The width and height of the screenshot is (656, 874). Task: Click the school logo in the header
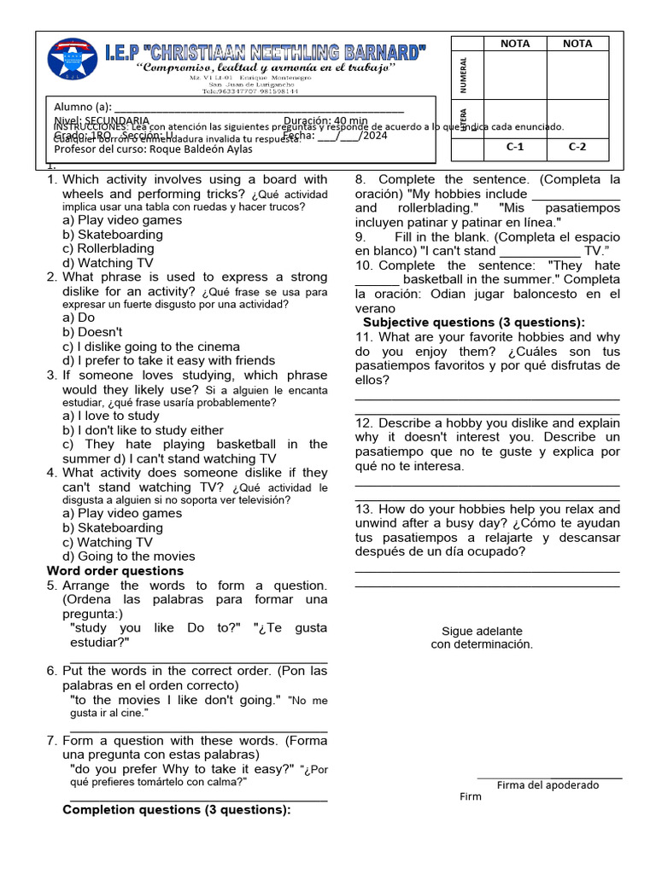tap(72, 62)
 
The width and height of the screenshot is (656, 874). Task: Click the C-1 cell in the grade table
tap(514, 146)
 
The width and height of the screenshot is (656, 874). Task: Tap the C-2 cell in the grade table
tap(577, 146)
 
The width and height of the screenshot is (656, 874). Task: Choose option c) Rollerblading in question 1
tap(108, 249)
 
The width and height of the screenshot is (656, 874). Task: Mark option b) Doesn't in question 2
tap(92, 332)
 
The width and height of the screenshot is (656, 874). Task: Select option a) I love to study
tap(111, 416)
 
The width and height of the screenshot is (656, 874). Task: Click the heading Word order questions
tap(114, 571)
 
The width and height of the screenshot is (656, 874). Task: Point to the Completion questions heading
tap(177, 810)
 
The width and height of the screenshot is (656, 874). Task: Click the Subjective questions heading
tap(474, 323)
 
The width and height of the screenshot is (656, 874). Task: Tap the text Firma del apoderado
tap(548, 785)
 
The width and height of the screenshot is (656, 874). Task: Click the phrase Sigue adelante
tap(482, 631)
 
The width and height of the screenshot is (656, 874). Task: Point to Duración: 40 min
tap(325, 121)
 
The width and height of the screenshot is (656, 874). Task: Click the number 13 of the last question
tap(364, 510)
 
